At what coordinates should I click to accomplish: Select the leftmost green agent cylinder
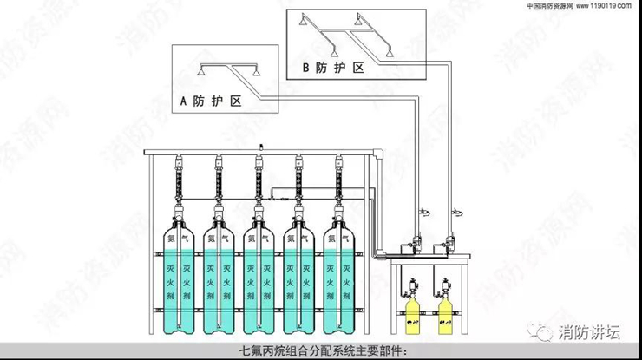point(179,278)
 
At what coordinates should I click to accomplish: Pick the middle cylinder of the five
point(259,278)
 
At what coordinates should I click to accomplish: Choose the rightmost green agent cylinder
point(340,278)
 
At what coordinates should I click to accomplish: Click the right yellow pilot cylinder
point(446,312)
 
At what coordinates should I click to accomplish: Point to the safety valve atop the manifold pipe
point(259,146)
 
